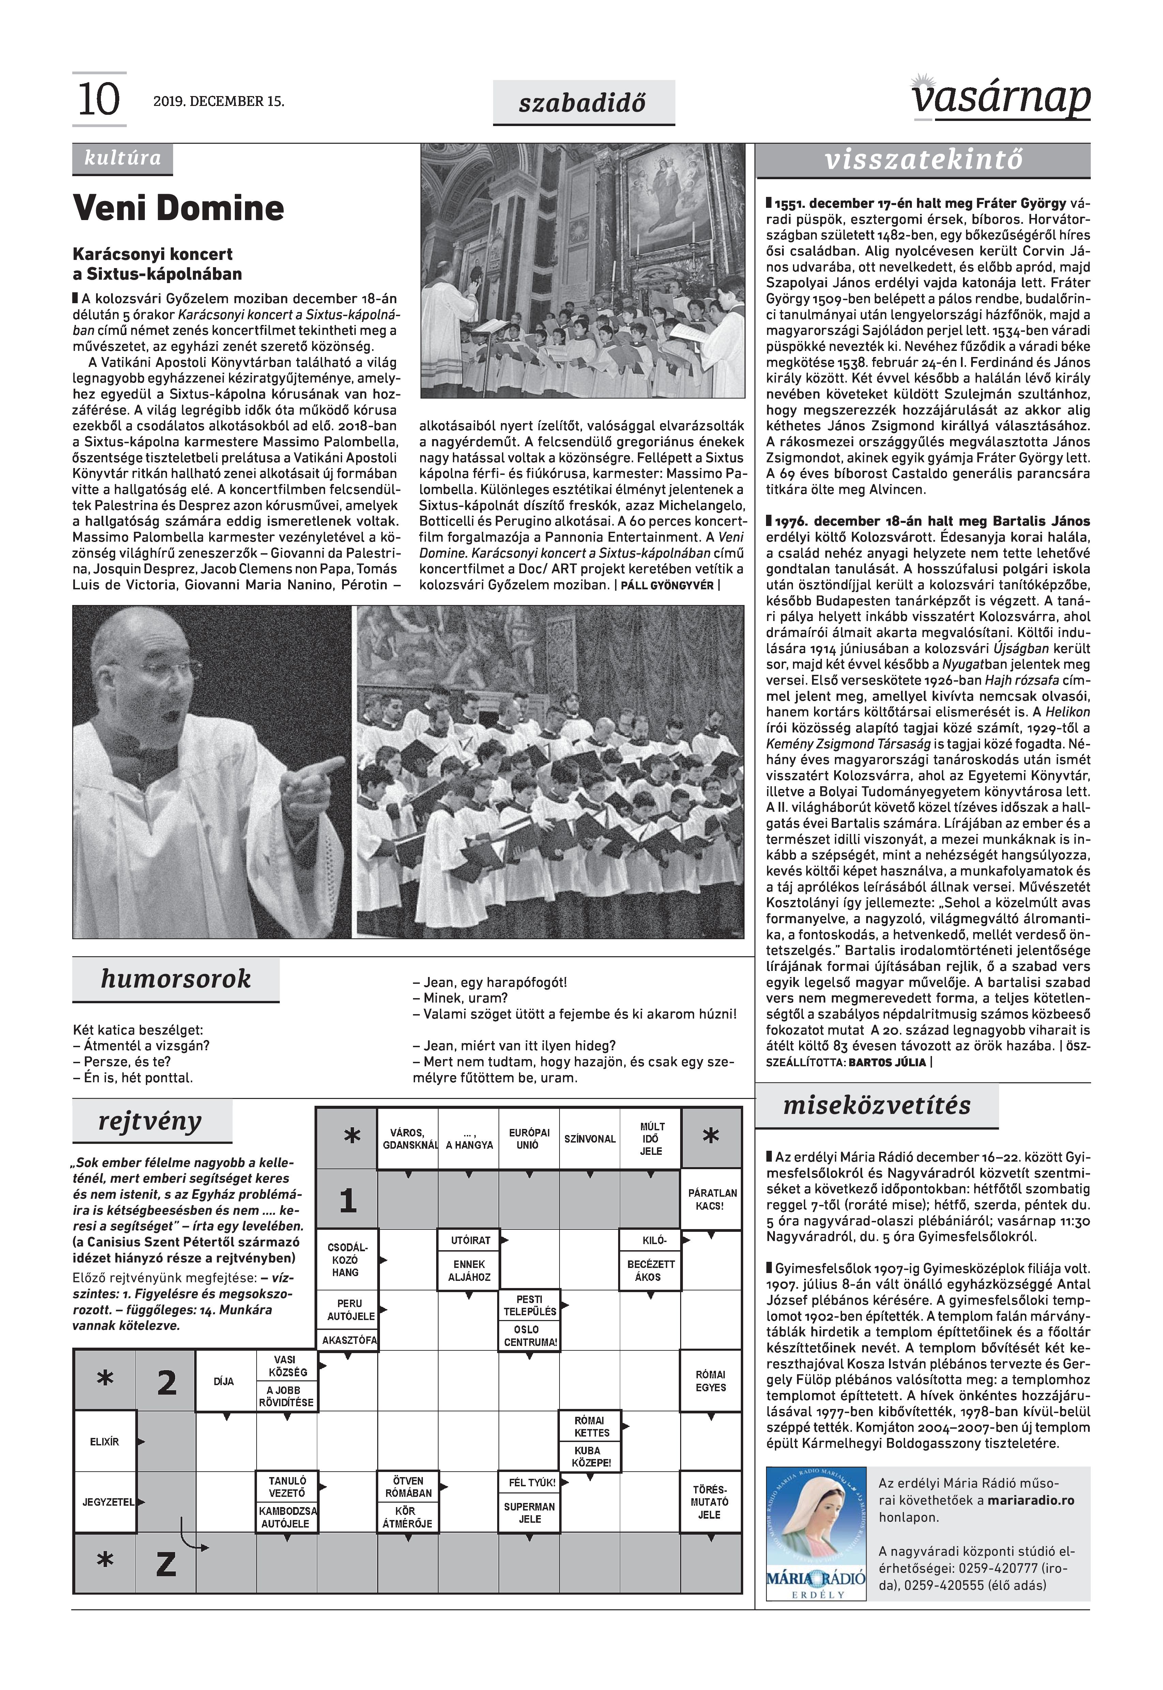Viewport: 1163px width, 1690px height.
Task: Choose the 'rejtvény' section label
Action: [150, 1121]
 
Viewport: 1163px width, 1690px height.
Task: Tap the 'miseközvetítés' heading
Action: [877, 1106]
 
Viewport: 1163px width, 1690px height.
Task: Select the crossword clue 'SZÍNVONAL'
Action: [590, 1139]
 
